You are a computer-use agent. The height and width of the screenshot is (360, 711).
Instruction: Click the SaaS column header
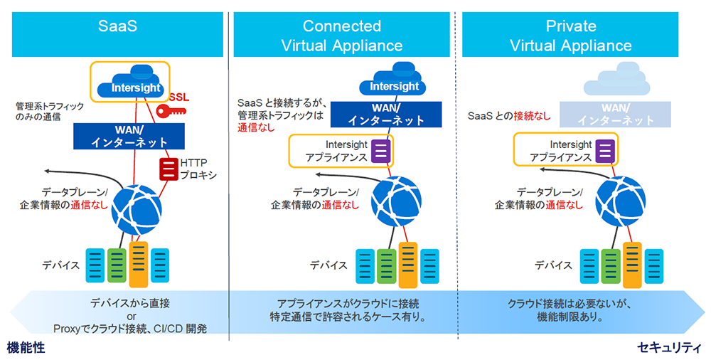(117, 34)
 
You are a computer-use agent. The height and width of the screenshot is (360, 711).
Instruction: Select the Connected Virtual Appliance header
(341, 34)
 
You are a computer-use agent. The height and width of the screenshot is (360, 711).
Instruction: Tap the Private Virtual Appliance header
(570, 34)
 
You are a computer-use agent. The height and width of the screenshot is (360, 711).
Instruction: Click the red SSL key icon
(171, 111)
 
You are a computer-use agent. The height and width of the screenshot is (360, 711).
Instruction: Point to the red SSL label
(179, 97)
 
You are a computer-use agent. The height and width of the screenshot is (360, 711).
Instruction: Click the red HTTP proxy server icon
(169, 169)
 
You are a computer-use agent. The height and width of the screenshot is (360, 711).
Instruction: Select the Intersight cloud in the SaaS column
(130, 81)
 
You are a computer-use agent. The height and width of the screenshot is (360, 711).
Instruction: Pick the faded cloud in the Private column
(616, 78)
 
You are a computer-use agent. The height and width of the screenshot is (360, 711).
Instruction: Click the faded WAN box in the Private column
(615, 115)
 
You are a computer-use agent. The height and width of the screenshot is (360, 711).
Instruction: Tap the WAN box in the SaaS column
(129, 136)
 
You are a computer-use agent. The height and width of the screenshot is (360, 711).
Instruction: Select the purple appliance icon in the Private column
(605, 151)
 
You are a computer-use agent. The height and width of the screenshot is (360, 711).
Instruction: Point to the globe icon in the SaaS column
(137, 210)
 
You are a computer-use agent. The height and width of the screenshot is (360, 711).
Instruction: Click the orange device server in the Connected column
(408, 265)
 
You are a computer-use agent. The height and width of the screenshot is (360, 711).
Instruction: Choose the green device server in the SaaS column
(117, 265)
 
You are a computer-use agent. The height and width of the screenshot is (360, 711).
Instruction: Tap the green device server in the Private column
(611, 266)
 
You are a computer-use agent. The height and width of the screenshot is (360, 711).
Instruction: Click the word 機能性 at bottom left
(26, 348)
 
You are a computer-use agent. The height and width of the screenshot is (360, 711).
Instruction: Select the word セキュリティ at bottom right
(669, 348)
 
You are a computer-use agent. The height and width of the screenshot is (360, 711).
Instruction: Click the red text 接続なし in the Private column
(532, 116)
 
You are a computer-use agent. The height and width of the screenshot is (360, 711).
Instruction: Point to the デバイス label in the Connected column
(328, 265)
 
